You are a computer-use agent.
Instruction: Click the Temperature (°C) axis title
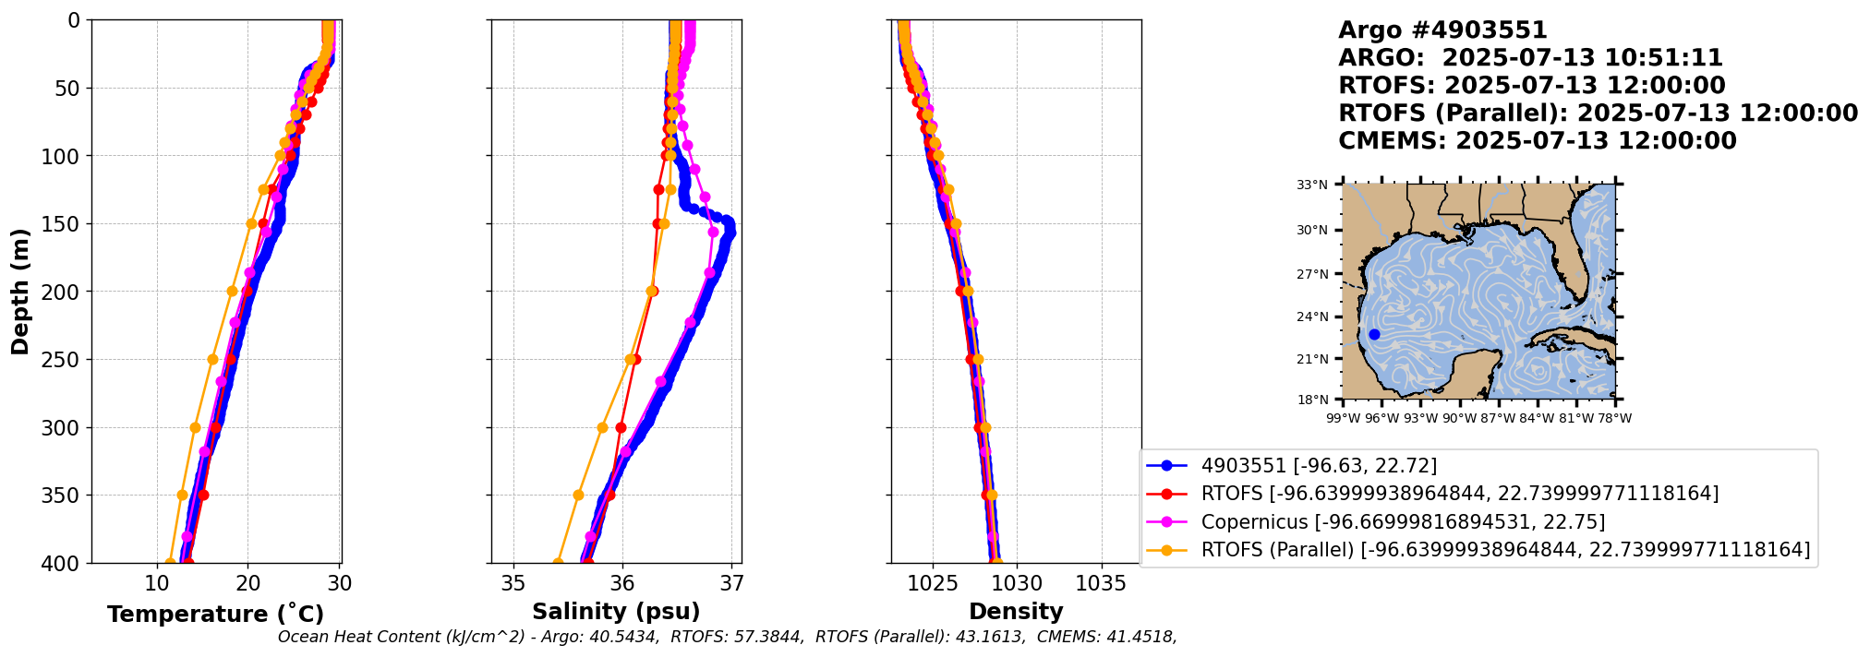point(215,614)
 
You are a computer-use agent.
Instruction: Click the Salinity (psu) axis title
point(616,611)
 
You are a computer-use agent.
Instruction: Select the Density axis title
point(1016,611)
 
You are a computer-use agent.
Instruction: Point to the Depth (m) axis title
point(20,291)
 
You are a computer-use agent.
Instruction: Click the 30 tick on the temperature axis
point(340,583)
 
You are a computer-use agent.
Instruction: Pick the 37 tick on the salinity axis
point(731,583)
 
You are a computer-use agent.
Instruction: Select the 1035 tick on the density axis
point(1101,583)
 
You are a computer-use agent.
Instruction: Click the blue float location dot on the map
point(1374,334)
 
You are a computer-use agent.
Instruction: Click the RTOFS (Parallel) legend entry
point(1505,550)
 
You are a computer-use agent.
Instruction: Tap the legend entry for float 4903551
point(1319,466)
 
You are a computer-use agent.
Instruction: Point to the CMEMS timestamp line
point(1537,141)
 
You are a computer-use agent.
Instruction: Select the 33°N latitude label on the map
point(1311,185)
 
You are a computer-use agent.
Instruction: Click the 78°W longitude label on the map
point(1615,418)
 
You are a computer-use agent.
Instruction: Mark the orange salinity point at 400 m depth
point(558,562)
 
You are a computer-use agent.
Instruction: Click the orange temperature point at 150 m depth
point(251,223)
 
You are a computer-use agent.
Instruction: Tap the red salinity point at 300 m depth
point(621,427)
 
